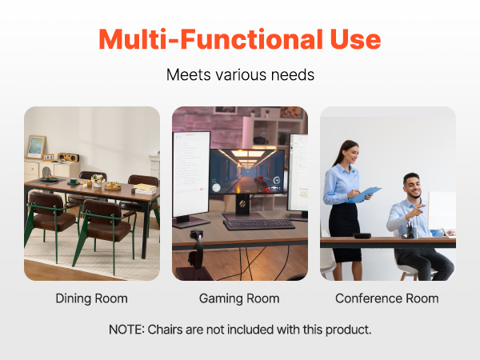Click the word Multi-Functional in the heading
[210, 39]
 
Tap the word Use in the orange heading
[355, 39]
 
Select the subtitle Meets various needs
[240, 74]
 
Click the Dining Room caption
[91, 298]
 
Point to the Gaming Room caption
[239, 298]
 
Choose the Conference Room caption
[387, 298]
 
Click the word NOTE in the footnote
[126, 330]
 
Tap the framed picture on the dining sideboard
[36, 147]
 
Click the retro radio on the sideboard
[68, 158]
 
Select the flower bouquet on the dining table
[98, 180]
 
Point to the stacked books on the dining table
[145, 189]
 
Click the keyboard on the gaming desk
[259, 224]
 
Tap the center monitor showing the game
[247, 171]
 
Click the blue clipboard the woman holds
[364, 194]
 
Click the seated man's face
[413, 186]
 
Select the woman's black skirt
[344, 232]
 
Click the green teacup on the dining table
[73, 182]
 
